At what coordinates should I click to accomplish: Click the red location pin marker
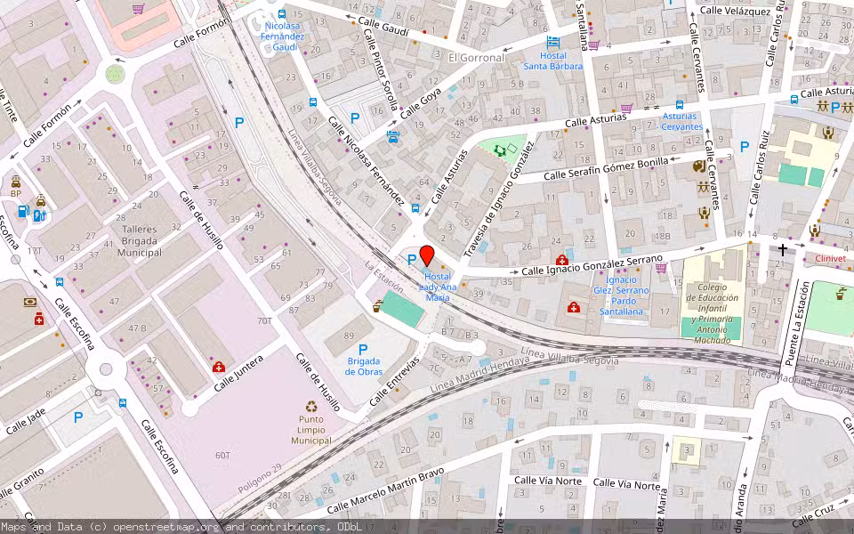(426, 255)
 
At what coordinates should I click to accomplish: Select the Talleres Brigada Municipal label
(140, 240)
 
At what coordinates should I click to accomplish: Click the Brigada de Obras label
(364, 366)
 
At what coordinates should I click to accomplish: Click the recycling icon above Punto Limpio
(311, 407)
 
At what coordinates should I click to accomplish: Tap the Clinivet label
(827, 258)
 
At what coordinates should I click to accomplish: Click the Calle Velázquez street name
(734, 11)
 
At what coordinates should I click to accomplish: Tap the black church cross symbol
(783, 250)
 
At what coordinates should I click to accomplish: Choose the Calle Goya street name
(421, 104)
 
